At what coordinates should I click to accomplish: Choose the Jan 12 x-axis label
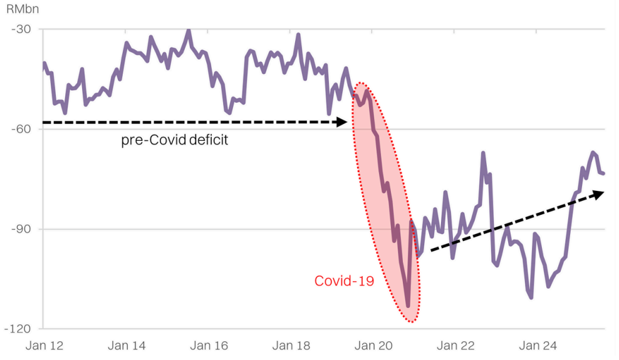pos(44,346)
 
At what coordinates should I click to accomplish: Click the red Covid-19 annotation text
pos(344,281)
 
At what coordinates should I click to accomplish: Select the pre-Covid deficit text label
pos(174,140)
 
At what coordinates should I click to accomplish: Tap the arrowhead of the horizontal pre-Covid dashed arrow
pos(342,122)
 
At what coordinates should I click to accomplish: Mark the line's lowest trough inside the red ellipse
pos(408,306)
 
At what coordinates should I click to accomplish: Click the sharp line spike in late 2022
pos(483,153)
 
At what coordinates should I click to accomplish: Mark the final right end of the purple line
pos(603,173)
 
